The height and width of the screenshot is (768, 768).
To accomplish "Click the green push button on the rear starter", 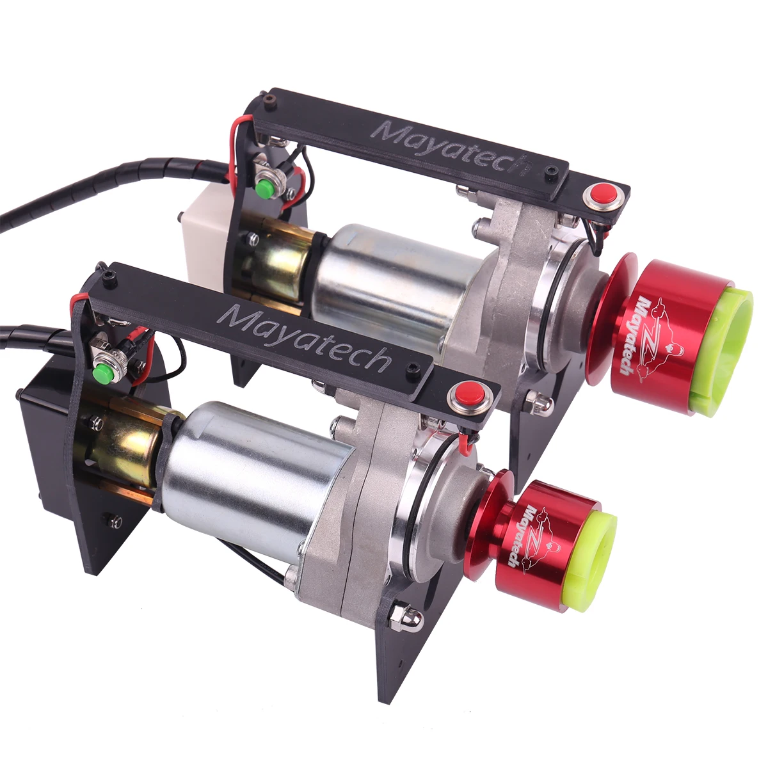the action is [263, 186].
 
